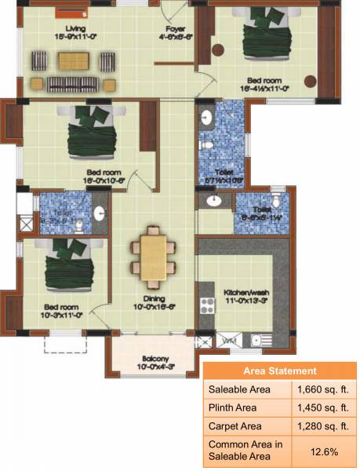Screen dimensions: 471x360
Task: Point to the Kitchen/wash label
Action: tap(248, 294)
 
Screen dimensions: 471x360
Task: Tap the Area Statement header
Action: tap(280, 371)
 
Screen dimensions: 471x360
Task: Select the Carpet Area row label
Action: tap(235, 427)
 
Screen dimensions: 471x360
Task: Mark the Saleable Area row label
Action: tap(239, 389)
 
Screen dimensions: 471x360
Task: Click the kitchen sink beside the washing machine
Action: tap(257, 340)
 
